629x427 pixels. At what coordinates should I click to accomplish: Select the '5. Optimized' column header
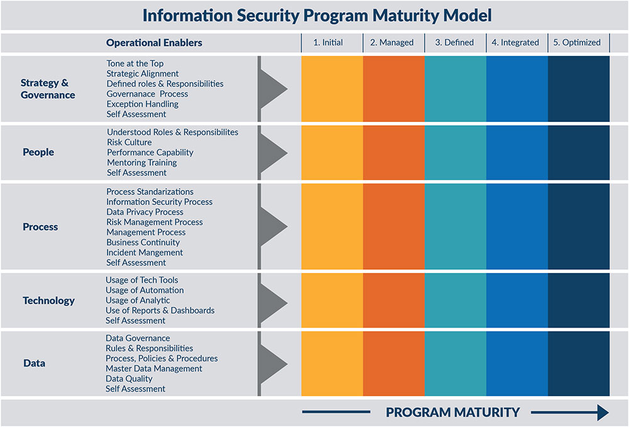click(577, 43)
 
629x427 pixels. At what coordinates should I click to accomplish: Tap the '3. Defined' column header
click(455, 43)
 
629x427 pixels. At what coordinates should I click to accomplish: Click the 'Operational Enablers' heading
click(154, 43)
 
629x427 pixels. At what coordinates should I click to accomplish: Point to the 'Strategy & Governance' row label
click(48, 89)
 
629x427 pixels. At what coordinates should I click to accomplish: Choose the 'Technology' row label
click(48, 301)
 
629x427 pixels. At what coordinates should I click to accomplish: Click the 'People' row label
click(38, 152)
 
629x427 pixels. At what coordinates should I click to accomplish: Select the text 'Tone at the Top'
click(135, 64)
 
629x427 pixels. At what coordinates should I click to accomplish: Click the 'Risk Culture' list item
click(129, 142)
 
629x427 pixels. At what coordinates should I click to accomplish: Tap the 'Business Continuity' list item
click(143, 242)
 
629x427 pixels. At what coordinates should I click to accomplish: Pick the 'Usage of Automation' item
click(145, 290)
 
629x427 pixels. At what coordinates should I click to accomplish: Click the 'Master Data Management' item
click(154, 369)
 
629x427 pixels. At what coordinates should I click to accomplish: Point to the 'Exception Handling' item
click(142, 104)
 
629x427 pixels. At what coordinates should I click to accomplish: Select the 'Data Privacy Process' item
click(145, 212)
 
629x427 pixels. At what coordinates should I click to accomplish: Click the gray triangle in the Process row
click(273, 226)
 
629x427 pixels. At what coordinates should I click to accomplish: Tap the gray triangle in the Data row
click(273, 363)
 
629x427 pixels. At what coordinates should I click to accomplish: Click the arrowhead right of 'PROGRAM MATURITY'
click(602, 413)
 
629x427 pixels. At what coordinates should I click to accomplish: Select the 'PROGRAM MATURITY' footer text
click(453, 413)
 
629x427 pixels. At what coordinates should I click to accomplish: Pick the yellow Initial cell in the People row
click(332, 152)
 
